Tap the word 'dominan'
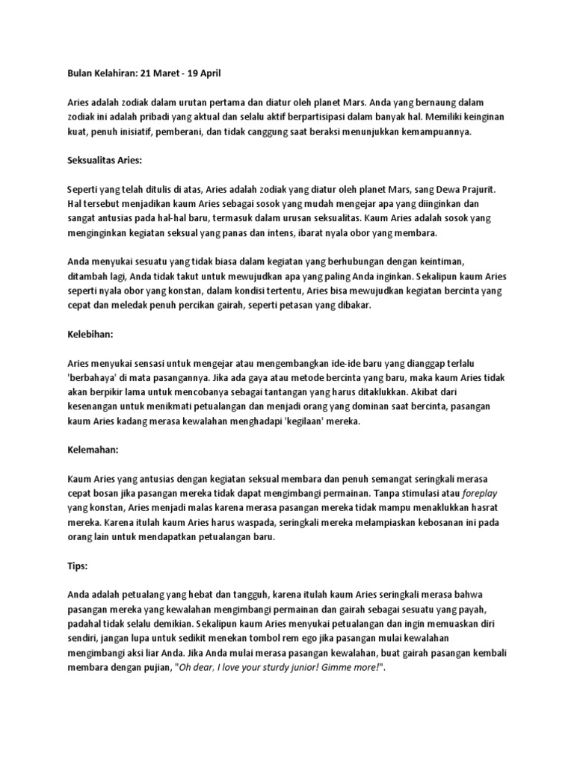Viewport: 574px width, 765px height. [x=363, y=406]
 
